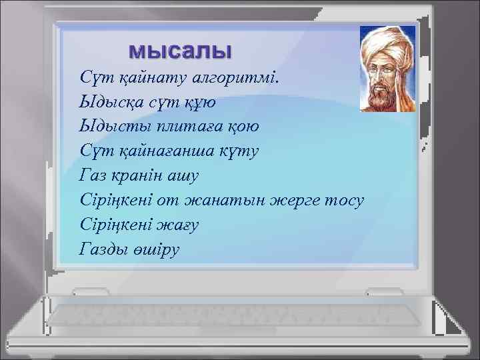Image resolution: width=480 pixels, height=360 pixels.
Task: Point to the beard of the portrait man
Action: (x=383, y=97)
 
